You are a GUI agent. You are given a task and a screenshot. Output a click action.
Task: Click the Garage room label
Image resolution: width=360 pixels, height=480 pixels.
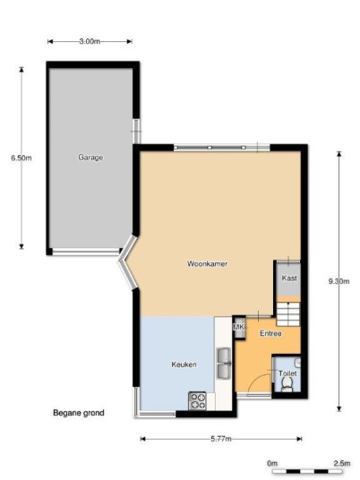(x=90, y=158)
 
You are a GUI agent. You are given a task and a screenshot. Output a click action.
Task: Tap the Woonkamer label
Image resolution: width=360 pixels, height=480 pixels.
(x=207, y=263)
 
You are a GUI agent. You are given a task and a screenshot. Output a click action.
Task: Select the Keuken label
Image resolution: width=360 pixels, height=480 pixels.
(x=184, y=364)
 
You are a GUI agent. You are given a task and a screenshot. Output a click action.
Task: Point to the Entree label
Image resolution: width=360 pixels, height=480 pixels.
(x=270, y=333)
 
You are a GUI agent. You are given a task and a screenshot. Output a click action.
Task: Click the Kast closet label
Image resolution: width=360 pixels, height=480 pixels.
(x=289, y=278)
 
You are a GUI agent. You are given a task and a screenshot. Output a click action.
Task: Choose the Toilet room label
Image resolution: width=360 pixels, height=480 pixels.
(x=287, y=373)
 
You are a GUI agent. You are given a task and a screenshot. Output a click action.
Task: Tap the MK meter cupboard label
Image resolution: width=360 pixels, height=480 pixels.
(x=239, y=327)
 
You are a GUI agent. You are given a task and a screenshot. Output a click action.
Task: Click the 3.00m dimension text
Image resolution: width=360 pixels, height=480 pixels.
(x=90, y=41)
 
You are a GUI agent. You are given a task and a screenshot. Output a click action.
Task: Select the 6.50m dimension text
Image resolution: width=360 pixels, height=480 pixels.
(x=21, y=158)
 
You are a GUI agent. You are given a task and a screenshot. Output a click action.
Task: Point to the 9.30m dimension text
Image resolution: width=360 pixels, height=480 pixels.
(x=339, y=281)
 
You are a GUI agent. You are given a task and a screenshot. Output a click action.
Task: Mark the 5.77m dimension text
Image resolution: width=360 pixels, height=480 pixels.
(x=221, y=439)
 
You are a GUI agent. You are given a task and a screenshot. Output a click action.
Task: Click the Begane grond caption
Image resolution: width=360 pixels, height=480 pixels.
(x=79, y=413)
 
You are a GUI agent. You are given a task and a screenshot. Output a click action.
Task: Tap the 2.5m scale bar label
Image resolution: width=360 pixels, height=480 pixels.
(x=342, y=463)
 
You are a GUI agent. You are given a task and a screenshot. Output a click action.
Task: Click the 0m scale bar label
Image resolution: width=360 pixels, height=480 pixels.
(x=272, y=463)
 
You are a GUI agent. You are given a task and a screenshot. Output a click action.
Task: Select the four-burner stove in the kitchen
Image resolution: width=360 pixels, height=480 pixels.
(x=197, y=401)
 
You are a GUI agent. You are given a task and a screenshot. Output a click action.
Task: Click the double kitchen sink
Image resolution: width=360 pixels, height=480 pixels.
(x=224, y=364)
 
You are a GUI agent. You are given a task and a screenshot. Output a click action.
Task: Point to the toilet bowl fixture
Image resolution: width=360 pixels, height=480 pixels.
(x=287, y=384)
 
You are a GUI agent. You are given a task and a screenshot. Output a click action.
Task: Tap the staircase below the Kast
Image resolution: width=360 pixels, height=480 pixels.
(x=288, y=314)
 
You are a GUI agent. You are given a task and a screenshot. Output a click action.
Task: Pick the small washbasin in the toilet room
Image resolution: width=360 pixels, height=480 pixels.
(x=297, y=364)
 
